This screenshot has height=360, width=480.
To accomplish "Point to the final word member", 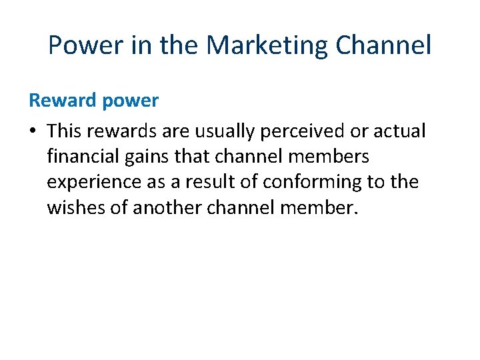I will click(319, 208).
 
